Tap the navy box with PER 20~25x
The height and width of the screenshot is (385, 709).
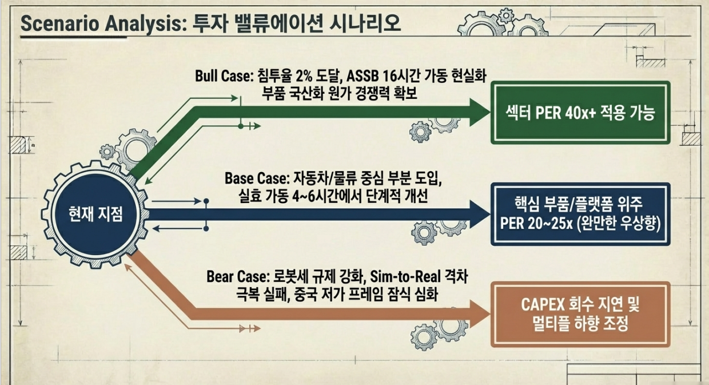click(x=581, y=215)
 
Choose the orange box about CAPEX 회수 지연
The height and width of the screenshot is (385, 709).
click(x=581, y=315)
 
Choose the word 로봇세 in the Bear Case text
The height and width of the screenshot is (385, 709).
click(x=288, y=277)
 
